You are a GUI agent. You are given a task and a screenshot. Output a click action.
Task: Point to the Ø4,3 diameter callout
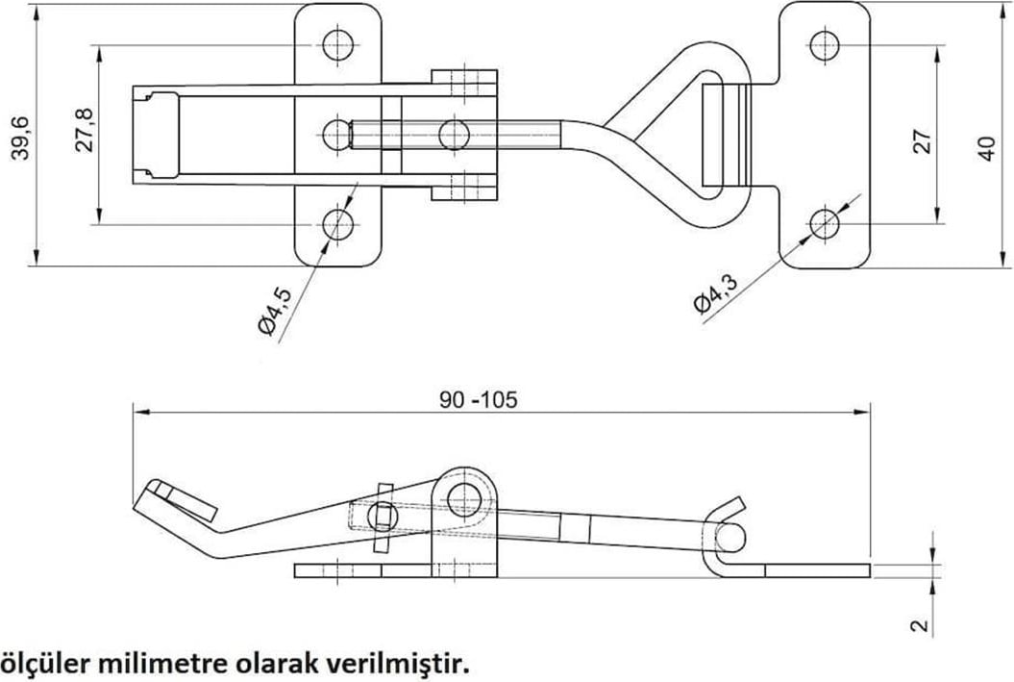[x=714, y=293]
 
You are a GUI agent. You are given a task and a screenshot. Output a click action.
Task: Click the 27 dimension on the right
[x=922, y=140]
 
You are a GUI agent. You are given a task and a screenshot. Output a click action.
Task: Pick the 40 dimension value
[x=987, y=149]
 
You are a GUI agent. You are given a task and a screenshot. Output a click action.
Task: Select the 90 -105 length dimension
[x=479, y=399]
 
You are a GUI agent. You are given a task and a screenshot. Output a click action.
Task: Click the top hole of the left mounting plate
[x=337, y=44]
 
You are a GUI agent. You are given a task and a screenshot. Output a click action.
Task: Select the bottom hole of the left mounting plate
[x=337, y=226]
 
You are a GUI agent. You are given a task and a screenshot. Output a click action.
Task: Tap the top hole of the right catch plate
[x=824, y=45]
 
